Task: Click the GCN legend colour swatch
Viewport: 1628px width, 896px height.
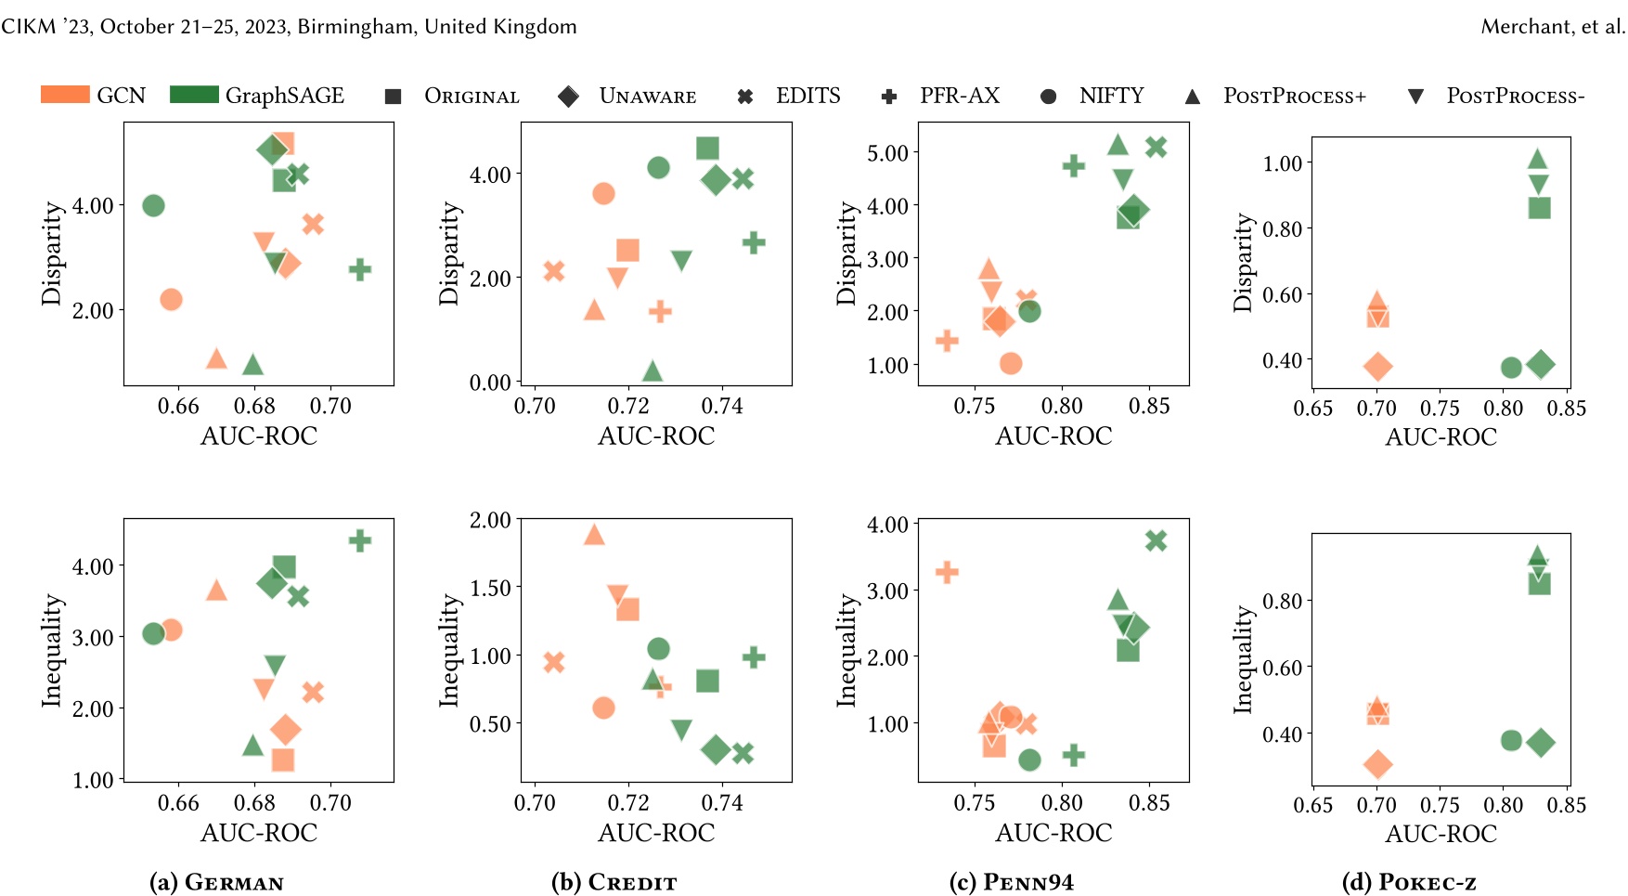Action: [65, 95]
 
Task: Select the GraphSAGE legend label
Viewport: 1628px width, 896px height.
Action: [284, 96]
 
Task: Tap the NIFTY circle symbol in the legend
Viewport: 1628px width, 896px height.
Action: [1048, 97]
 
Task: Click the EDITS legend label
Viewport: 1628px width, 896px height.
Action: [808, 96]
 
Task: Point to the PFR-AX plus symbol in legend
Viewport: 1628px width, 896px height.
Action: [888, 97]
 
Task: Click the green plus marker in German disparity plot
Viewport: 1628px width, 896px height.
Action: [360, 270]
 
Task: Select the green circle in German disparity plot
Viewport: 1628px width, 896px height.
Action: [154, 205]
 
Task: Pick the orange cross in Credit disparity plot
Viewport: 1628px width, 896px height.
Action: [554, 271]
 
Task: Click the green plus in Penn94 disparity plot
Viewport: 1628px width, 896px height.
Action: [1073, 166]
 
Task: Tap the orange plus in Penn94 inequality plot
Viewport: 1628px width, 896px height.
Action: [947, 572]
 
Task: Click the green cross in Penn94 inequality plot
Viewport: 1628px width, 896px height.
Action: [1156, 540]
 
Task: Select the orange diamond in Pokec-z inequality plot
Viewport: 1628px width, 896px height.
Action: [1377, 764]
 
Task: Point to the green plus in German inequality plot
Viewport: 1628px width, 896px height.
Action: [360, 540]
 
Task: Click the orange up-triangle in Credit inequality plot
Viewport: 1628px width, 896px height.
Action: [594, 535]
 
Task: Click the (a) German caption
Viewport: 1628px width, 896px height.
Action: [216, 882]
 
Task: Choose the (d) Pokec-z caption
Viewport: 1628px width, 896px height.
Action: [1409, 882]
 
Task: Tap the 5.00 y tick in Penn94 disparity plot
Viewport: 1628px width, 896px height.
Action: [887, 152]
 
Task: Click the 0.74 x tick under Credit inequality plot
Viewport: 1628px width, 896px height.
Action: [722, 802]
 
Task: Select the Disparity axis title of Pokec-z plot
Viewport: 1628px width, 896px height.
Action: [1242, 263]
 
